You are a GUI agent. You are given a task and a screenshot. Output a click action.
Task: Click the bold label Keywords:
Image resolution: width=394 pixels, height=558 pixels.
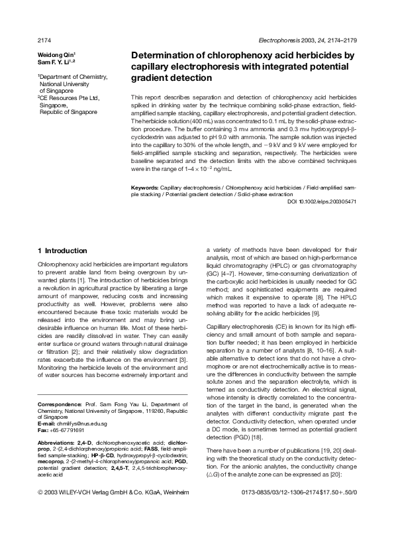(x=144, y=188)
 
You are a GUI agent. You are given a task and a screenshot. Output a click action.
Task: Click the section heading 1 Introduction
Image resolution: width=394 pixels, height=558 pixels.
(x=62, y=251)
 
